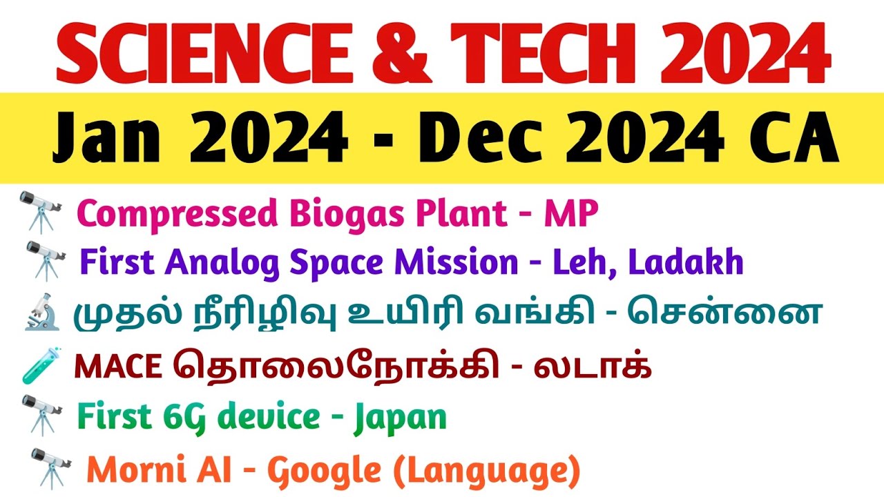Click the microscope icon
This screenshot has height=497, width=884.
43,315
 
